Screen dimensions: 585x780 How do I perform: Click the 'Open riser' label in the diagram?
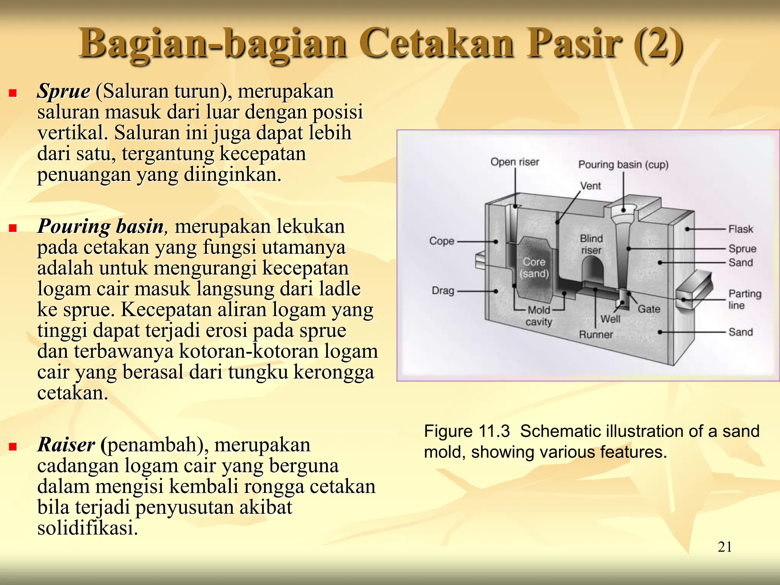[x=515, y=162]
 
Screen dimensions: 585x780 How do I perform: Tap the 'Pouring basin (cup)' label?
[x=623, y=165]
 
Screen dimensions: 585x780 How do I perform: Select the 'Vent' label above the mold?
[x=590, y=186]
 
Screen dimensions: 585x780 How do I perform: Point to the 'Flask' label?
[x=740, y=229]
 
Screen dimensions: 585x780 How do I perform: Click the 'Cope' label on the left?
[x=441, y=241]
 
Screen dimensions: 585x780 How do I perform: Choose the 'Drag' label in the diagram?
[x=443, y=291]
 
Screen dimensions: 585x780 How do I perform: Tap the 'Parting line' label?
[x=744, y=299]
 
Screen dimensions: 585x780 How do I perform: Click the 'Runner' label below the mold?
[x=596, y=334]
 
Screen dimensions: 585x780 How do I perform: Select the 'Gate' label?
[x=649, y=309]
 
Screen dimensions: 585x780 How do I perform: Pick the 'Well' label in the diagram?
[x=610, y=319]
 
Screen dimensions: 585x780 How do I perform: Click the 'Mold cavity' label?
[x=539, y=316]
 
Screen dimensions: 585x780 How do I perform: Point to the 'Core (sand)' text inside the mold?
[x=534, y=267]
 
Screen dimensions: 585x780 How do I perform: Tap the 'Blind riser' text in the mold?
[x=591, y=244]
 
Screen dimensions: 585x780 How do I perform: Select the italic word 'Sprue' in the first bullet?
[x=64, y=91]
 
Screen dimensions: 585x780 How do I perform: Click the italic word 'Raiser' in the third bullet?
[x=66, y=444]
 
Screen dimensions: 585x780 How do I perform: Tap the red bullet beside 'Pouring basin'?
[x=13, y=228]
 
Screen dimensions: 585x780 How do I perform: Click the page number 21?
[x=724, y=547]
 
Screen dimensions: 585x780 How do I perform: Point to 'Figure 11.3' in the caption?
[x=467, y=431]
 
